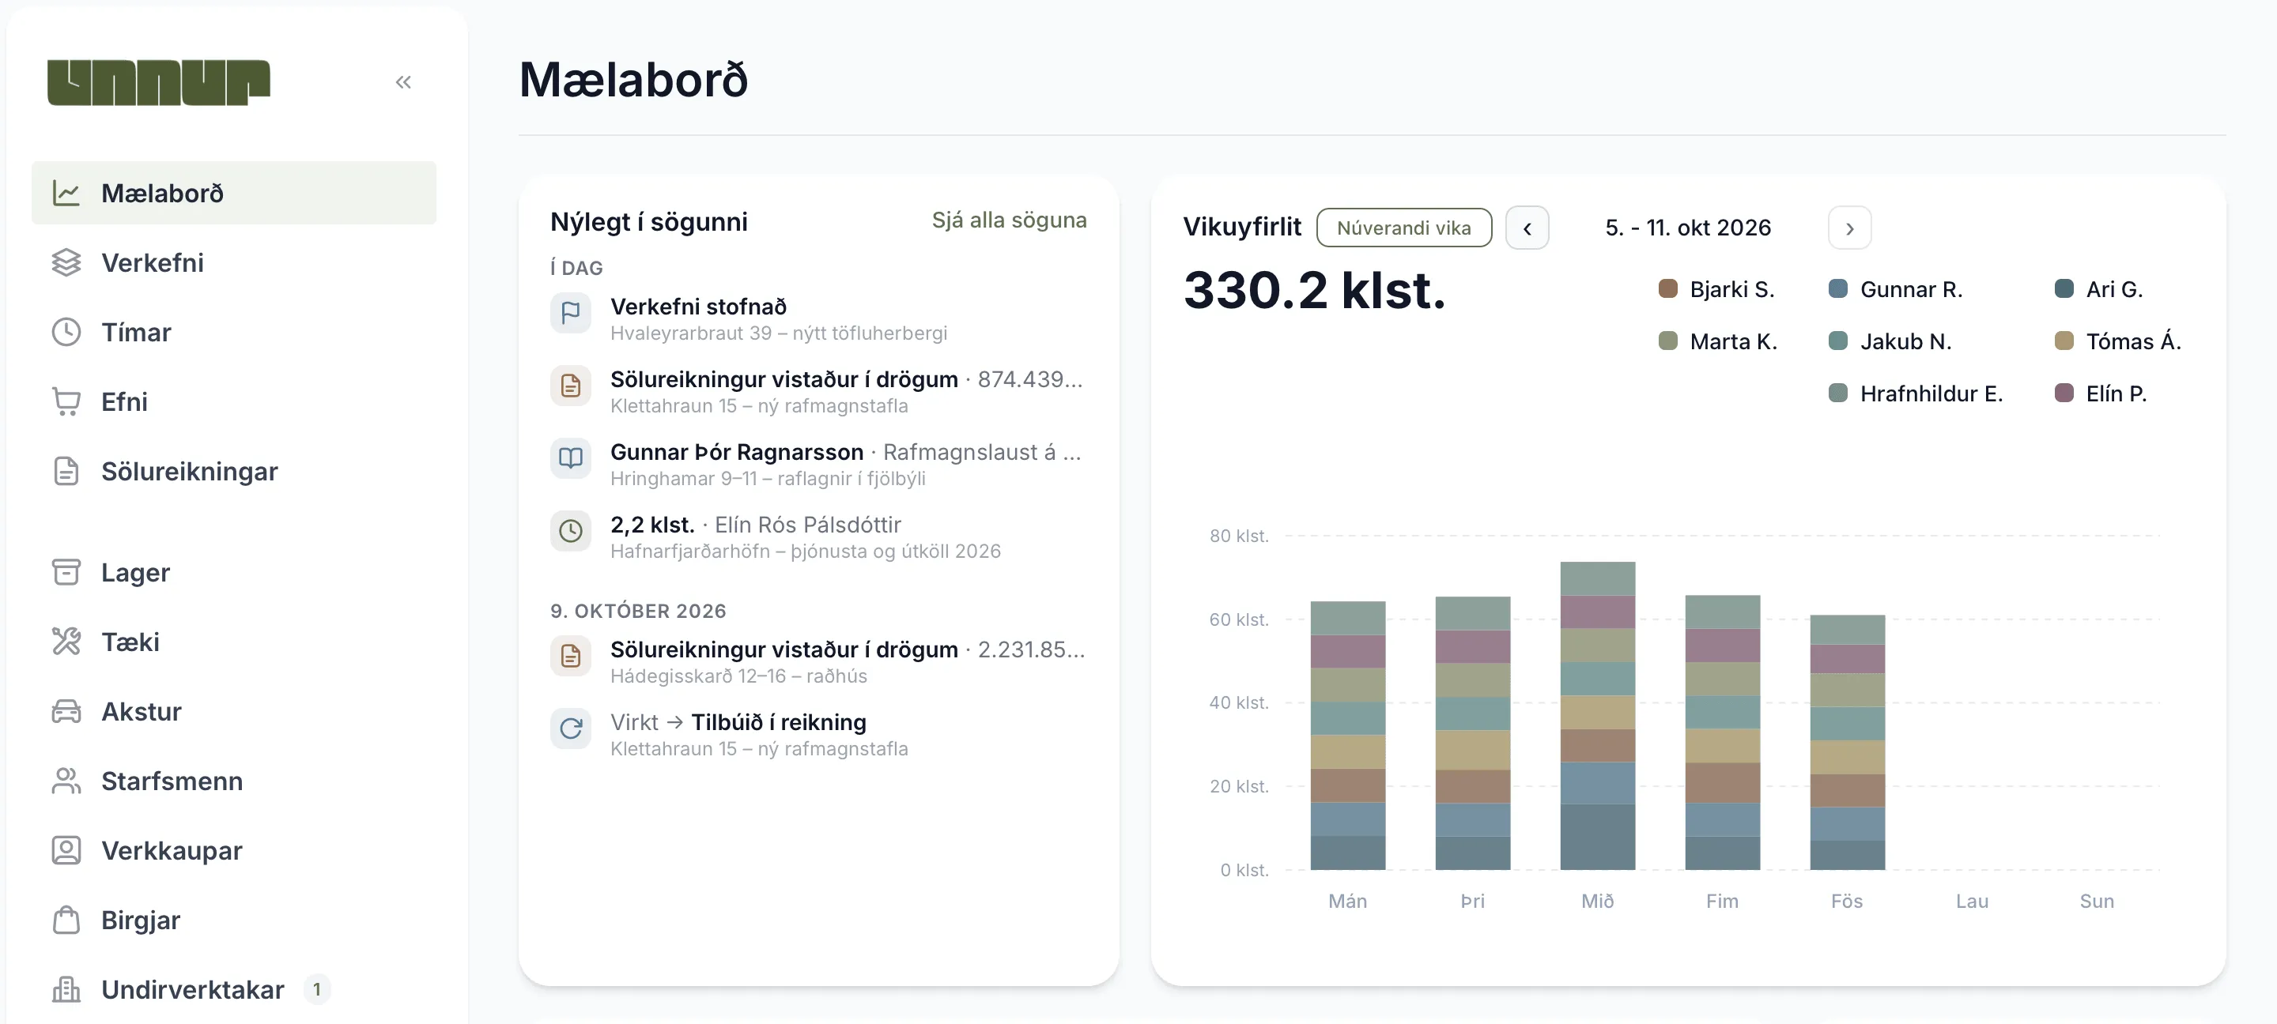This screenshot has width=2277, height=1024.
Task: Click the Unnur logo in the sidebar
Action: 159,82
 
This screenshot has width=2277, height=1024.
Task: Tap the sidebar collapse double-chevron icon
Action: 403,82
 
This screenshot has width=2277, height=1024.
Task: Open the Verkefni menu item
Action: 152,262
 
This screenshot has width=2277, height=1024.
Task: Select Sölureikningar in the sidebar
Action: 189,471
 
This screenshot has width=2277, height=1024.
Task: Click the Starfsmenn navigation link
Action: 172,781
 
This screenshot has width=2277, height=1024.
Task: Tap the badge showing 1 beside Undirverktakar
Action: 316,989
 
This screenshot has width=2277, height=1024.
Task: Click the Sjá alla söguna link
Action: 1010,220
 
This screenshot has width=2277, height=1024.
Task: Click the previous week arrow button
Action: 1527,228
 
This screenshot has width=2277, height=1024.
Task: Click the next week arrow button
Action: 1850,228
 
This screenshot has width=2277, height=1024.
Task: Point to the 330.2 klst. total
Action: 1314,290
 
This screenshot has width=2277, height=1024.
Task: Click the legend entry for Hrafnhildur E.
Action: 1916,393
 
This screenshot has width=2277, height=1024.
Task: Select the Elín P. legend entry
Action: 2101,393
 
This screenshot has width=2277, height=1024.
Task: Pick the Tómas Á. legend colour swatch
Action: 2064,341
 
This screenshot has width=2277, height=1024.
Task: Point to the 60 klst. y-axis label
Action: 1238,619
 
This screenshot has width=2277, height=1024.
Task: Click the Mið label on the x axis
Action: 1597,902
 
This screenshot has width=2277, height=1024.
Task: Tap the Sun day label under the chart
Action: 2097,902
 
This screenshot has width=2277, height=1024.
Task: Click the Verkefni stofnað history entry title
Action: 698,307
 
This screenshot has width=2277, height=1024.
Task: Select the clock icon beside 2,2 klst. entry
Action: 571,530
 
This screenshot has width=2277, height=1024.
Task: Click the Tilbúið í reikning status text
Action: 779,722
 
